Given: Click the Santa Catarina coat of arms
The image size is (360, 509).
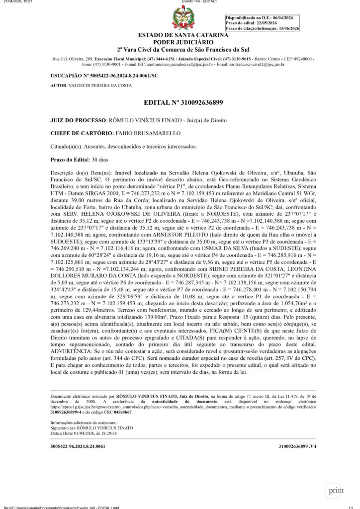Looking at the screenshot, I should pyautogui.click(x=183, y=18).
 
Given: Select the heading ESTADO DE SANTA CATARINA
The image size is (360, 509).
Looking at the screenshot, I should pyautogui.click(x=183, y=35).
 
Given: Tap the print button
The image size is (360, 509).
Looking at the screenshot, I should pyautogui.click(x=335, y=490).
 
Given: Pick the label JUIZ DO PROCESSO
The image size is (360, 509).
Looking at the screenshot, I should pyautogui.click(x=78, y=121).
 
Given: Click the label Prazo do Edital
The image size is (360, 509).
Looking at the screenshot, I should pyautogui.click(x=69, y=160).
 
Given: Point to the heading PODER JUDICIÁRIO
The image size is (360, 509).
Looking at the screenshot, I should pyautogui.click(x=182, y=42).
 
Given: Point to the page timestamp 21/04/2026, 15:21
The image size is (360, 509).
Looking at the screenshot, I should pyautogui.click(x=17, y=2).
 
